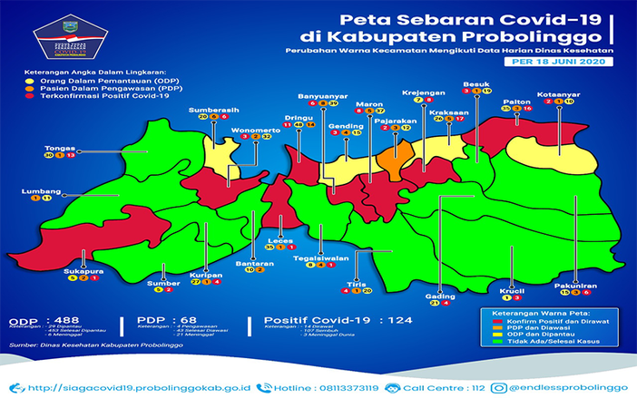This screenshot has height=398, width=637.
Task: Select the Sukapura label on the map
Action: click(82, 269)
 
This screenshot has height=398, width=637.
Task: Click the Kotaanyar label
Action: click(554, 92)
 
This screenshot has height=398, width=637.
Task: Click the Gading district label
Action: click(439, 295)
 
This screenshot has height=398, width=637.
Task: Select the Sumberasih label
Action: click(214, 109)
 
